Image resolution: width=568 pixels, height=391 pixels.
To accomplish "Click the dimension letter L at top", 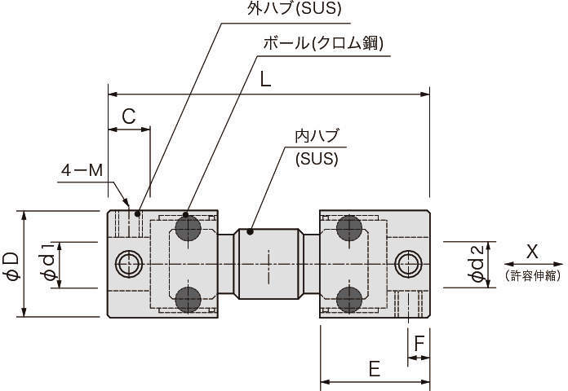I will [266, 79].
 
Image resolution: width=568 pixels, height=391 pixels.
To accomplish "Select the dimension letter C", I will [129, 116].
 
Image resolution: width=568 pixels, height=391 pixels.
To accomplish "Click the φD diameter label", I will [11, 265].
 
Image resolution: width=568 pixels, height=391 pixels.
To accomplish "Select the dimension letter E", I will [374, 370].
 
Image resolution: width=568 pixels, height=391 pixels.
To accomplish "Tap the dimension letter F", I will [419, 344].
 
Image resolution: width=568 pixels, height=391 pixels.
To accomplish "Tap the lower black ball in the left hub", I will [190, 298].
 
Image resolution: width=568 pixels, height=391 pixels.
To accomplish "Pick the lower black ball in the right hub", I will [349, 298].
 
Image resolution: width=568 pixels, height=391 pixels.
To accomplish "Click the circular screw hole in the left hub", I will [128, 263].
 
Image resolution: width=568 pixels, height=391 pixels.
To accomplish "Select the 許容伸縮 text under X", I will [534, 277].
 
